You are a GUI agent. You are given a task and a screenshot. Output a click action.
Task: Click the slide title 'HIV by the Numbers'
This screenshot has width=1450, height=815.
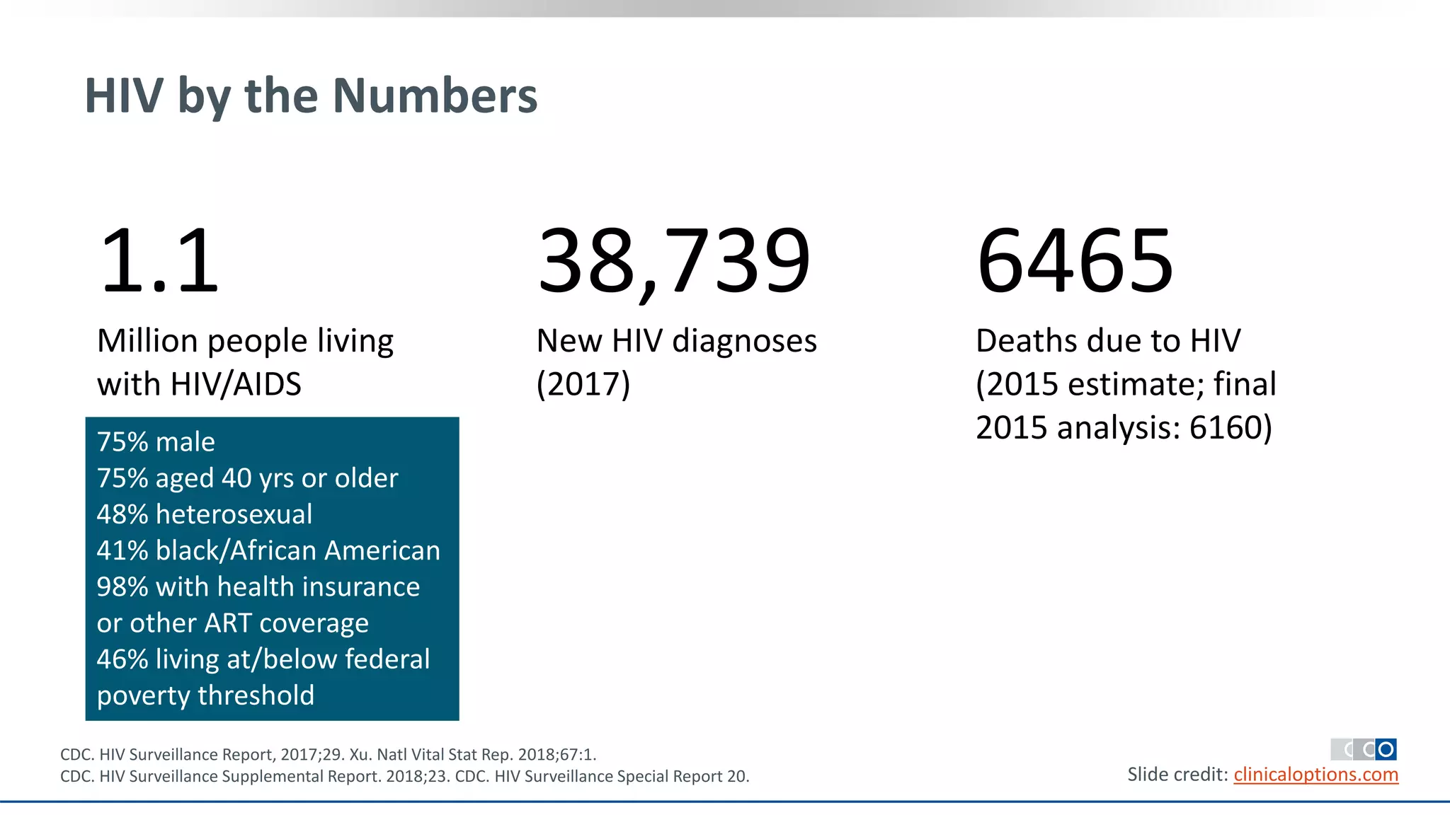click(311, 96)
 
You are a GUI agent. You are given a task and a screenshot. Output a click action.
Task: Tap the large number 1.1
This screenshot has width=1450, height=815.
click(160, 260)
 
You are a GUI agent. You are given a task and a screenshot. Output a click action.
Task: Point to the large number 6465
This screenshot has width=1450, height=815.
click(1075, 260)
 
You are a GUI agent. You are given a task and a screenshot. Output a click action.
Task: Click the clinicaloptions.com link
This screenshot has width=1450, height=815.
click(1316, 775)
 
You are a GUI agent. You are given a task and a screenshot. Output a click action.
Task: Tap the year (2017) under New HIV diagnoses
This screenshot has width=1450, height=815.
click(583, 384)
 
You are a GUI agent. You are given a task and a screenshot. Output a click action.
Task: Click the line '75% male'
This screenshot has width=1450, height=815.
click(156, 442)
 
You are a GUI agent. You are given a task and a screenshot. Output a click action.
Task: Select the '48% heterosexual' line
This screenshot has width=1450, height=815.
click(205, 514)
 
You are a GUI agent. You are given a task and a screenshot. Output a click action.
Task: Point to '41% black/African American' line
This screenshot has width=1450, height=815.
click(268, 550)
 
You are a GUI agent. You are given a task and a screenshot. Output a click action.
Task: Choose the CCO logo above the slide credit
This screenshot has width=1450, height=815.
click(1364, 749)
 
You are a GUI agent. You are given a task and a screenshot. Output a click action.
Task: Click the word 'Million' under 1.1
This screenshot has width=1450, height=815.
click(147, 341)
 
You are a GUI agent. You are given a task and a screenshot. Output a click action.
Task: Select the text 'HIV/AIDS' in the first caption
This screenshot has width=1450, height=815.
click(236, 384)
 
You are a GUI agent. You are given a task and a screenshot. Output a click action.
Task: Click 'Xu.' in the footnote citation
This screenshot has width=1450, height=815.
click(360, 755)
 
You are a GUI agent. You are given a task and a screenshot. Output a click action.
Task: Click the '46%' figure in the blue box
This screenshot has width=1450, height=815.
click(122, 659)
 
